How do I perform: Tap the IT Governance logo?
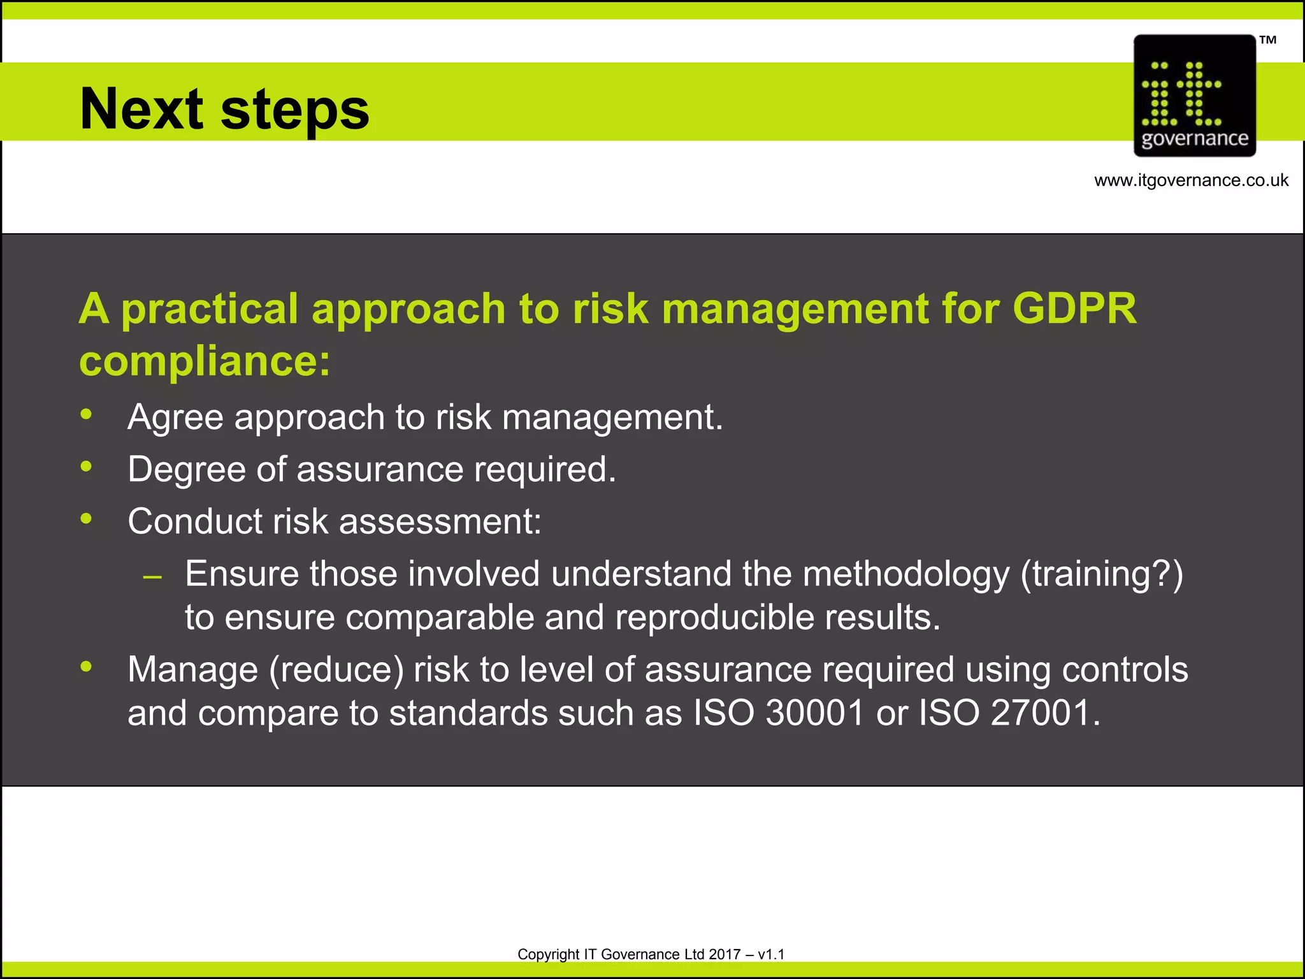(1194, 96)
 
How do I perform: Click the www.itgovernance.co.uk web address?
(1191, 180)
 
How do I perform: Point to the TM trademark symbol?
(1267, 40)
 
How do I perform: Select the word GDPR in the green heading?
(1074, 309)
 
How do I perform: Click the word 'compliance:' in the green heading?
(205, 361)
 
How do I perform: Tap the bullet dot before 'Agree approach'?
(87, 415)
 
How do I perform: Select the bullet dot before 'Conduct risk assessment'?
(87, 519)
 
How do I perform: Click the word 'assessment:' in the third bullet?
(440, 521)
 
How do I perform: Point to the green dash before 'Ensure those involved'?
(153, 577)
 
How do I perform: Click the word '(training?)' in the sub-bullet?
(1102, 574)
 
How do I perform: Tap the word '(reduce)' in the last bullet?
(336, 671)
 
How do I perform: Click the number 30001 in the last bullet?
(814, 713)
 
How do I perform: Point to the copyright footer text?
(651, 954)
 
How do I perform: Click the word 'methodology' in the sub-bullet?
(905, 574)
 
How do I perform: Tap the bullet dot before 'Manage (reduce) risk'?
(87, 667)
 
